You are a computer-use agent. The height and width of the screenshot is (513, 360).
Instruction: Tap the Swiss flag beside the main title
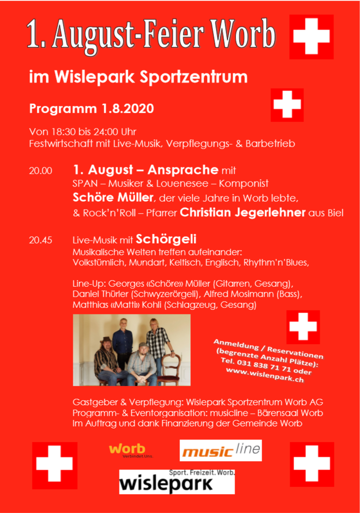[x=311, y=37]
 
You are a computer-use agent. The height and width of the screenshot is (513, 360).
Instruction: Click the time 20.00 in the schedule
[x=40, y=171]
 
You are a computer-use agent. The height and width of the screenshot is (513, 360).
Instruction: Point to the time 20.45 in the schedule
[x=40, y=241]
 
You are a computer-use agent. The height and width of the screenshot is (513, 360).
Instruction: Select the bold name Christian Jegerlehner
[x=242, y=213]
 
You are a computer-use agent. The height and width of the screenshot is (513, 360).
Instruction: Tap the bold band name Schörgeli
[x=166, y=240]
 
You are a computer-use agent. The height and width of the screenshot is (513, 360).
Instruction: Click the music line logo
[x=220, y=451]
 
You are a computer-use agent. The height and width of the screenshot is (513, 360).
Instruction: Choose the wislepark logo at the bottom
[x=177, y=482]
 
